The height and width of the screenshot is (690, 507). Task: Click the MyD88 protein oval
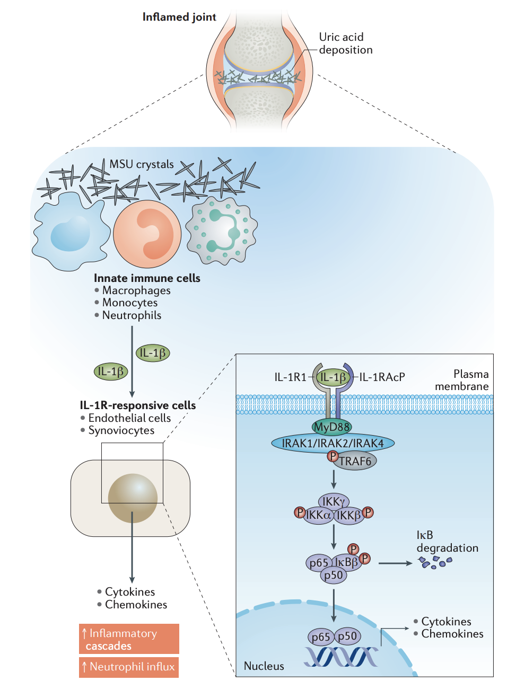(x=332, y=427)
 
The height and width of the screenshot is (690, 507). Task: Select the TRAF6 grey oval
(x=354, y=461)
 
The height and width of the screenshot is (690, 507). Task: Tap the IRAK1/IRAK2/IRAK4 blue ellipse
(x=333, y=443)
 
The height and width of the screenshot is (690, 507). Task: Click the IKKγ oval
(x=334, y=501)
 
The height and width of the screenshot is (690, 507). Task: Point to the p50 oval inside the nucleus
(x=348, y=636)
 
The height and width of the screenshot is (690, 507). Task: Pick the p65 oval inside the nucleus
(x=320, y=637)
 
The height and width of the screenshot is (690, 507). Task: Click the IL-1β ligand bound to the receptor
(x=333, y=377)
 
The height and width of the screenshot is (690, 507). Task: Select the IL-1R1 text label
(x=290, y=377)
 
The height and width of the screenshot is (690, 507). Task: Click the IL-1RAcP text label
(x=382, y=377)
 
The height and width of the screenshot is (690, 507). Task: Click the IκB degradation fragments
(x=434, y=562)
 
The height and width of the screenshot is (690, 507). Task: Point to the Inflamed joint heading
(x=179, y=17)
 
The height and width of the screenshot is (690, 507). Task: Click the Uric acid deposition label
(x=345, y=43)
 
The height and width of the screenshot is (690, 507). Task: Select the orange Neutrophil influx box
(x=129, y=667)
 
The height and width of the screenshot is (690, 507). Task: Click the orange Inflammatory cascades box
(x=129, y=639)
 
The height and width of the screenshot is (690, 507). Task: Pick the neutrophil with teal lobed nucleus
(x=222, y=231)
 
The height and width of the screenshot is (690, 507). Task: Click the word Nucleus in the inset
(x=264, y=666)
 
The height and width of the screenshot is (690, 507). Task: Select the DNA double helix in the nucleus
(x=340, y=657)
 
